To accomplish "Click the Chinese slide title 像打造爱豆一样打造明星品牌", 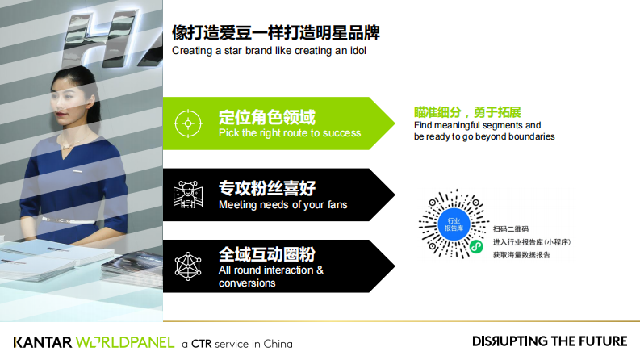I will [276, 33].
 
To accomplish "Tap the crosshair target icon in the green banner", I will [188, 123].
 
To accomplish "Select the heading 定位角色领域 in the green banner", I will [267, 116].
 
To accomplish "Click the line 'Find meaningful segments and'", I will [477, 125].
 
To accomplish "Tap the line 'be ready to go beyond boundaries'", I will [484, 137].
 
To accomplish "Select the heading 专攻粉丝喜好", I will [267, 188].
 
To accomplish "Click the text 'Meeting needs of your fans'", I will [282, 205].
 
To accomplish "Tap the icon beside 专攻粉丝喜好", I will [188, 195].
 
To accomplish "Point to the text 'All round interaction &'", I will [271, 270].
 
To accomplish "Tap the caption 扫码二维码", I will [510, 229].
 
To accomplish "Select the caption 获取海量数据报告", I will [521, 255].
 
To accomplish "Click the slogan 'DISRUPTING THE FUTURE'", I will [549, 341].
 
